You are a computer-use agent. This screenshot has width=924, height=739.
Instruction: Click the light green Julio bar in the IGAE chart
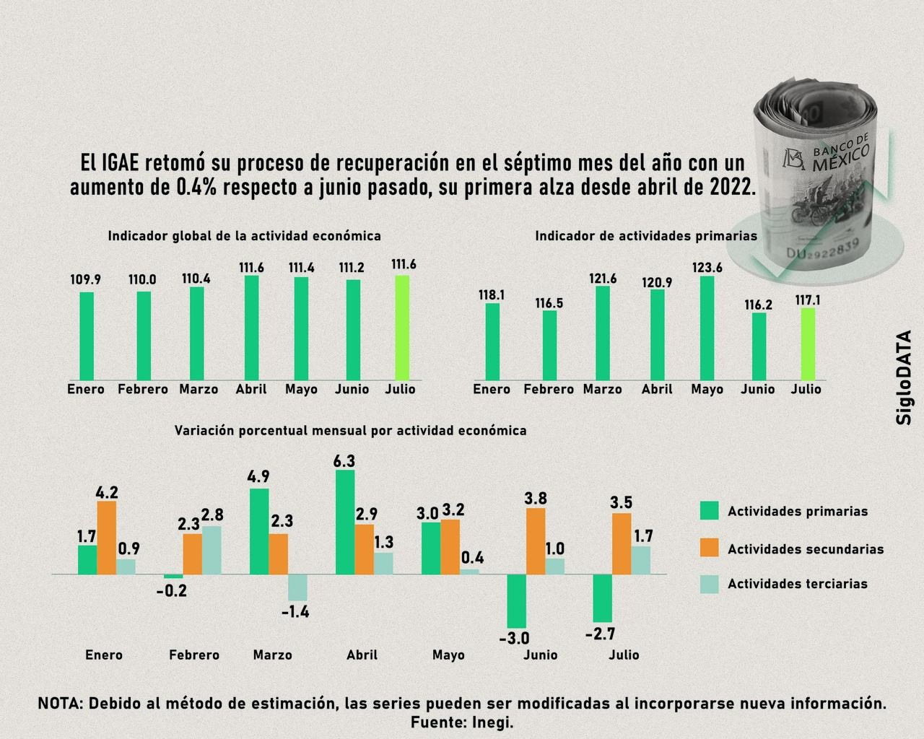[x=402, y=328]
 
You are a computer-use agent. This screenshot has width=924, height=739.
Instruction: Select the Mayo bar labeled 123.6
[x=707, y=328]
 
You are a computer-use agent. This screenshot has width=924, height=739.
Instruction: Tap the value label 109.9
[x=85, y=280]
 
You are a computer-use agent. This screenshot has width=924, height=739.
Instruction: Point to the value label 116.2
[x=758, y=305]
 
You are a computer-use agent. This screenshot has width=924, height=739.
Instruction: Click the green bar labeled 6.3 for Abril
[x=345, y=522]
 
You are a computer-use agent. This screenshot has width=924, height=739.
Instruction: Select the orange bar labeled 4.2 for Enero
[x=106, y=538]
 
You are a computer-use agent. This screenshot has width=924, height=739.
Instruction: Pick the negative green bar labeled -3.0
[x=516, y=601]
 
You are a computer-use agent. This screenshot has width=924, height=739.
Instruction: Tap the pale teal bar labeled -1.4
[x=297, y=587]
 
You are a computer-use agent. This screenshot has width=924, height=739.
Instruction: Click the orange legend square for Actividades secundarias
[x=710, y=548]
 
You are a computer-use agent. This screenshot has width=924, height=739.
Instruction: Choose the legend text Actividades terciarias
[x=797, y=584]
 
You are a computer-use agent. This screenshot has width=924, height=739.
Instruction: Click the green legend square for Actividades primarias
[x=710, y=511]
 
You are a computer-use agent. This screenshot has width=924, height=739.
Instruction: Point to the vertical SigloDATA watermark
[x=904, y=377]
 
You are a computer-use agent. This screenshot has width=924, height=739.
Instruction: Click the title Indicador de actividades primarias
[x=645, y=236]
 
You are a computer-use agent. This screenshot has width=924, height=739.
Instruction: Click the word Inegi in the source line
[x=493, y=722]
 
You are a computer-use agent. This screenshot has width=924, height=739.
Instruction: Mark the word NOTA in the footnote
[x=60, y=704]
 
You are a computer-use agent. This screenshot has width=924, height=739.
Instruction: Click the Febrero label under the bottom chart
[x=194, y=655]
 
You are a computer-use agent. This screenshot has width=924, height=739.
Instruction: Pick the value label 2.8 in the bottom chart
[x=212, y=515]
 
